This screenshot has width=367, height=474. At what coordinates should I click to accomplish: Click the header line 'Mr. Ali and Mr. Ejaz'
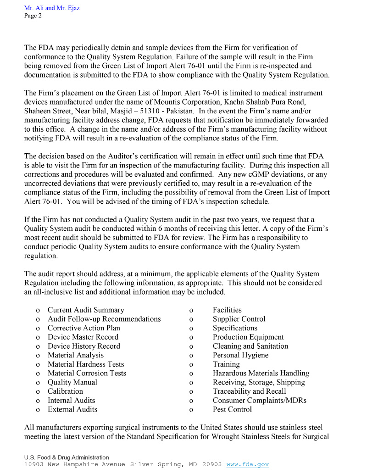click(x=52, y=8)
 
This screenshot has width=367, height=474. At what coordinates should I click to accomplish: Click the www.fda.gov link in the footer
click(x=247, y=464)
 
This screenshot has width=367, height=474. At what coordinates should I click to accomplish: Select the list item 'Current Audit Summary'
click(x=86, y=310)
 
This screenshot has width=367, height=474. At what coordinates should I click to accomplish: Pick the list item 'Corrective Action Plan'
click(x=84, y=328)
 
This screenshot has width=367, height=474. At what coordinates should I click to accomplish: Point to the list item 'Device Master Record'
click(x=83, y=337)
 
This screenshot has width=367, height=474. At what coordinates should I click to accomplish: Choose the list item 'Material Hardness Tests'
click(x=86, y=364)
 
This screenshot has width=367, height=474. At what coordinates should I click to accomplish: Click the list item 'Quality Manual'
click(x=72, y=382)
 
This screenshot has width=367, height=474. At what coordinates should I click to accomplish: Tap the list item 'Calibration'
click(x=66, y=391)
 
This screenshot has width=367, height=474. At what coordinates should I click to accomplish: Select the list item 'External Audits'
click(x=72, y=409)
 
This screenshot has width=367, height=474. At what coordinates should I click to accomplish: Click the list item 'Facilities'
click(x=227, y=310)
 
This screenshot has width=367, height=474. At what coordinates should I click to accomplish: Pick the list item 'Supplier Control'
click(x=239, y=319)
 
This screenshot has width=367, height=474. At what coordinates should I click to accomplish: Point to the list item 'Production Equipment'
click(x=248, y=337)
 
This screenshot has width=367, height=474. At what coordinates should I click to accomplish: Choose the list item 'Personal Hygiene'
click(x=241, y=355)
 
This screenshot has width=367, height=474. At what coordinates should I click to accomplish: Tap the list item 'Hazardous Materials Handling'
click(x=261, y=374)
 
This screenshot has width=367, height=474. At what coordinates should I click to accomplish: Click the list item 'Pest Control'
click(x=233, y=409)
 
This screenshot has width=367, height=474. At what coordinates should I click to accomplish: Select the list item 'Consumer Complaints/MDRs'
click(x=260, y=401)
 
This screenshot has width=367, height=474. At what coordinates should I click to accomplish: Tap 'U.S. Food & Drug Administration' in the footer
click(x=67, y=457)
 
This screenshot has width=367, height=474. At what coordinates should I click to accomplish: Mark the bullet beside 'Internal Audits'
click(x=37, y=401)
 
